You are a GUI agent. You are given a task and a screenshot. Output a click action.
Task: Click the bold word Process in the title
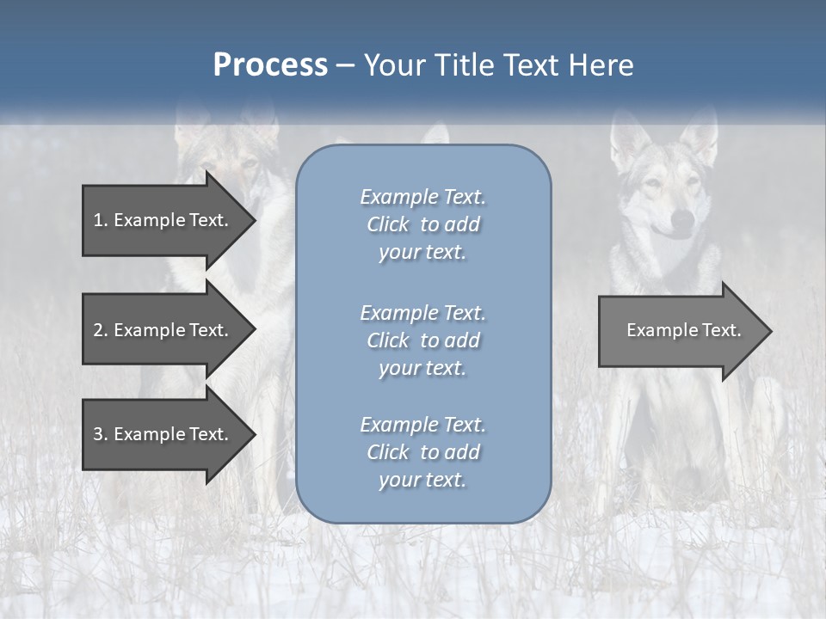pos(270,65)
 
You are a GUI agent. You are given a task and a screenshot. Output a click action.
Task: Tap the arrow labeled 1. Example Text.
pos(163,220)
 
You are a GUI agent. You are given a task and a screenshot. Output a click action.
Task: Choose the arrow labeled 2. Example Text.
pos(163,330)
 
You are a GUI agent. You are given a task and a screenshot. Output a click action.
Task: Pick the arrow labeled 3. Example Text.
pos(163,434)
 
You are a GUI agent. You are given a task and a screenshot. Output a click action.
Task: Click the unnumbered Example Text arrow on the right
pos(680,330)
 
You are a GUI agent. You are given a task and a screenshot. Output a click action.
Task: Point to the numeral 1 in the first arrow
pos(97,220)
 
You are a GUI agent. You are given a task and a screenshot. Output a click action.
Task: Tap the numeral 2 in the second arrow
pos(97,330)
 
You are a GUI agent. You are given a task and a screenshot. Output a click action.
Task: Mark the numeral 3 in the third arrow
pos(97,434)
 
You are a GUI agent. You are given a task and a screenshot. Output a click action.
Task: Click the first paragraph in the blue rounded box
pos(422,224)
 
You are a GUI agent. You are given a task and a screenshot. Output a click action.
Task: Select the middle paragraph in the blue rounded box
pos(422,340)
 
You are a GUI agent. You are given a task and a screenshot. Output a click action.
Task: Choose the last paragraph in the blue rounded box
pos(422,452)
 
